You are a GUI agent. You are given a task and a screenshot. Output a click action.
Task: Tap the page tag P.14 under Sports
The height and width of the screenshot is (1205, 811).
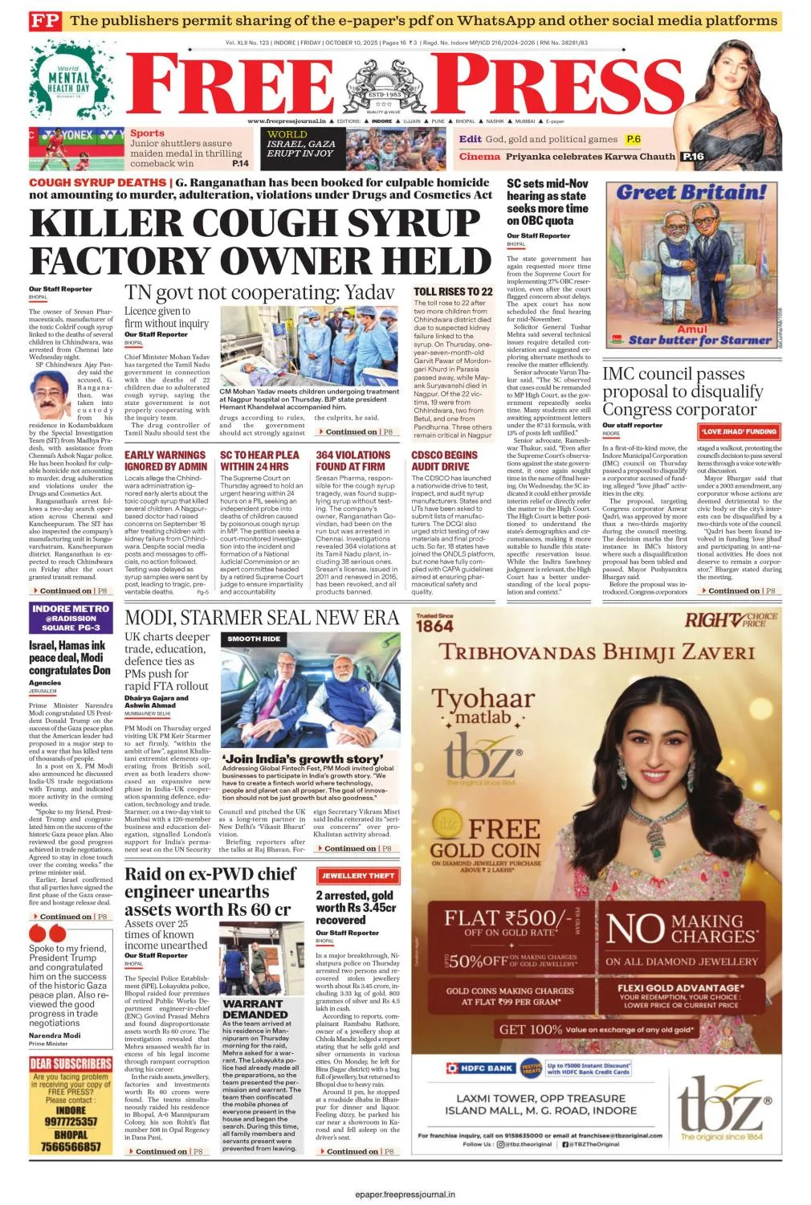(240, 163)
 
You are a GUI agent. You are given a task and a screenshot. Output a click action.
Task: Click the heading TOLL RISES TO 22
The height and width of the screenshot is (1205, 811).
(453, 292)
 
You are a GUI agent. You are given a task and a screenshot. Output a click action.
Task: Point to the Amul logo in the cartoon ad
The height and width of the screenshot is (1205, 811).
(691, 329)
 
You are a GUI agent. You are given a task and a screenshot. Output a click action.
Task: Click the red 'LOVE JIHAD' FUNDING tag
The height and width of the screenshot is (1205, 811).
(739, 431)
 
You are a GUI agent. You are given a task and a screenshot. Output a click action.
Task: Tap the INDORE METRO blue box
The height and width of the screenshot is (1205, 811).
(71, 618)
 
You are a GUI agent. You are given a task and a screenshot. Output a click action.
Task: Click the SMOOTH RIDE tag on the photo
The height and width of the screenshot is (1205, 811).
(254, 639)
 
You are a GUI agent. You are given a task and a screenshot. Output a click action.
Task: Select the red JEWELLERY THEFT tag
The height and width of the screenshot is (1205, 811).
(357, 876)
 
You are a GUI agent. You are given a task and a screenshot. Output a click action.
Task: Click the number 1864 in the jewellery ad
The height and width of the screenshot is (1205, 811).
(435, 626)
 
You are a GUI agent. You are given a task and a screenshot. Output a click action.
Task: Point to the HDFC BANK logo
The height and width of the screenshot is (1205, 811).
(481, 1068)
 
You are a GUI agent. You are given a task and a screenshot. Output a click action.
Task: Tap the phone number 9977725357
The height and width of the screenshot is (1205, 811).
(71, 1121)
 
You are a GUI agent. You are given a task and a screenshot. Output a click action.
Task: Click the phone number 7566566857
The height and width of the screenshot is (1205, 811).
(71, 1147)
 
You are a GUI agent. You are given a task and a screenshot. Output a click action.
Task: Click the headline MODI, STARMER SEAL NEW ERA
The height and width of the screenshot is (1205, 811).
(262, 617)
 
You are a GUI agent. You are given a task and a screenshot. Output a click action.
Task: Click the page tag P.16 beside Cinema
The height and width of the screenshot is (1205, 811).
(692, 157)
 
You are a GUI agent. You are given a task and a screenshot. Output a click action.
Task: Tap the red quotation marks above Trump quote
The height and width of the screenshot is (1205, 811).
(47, 933)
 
